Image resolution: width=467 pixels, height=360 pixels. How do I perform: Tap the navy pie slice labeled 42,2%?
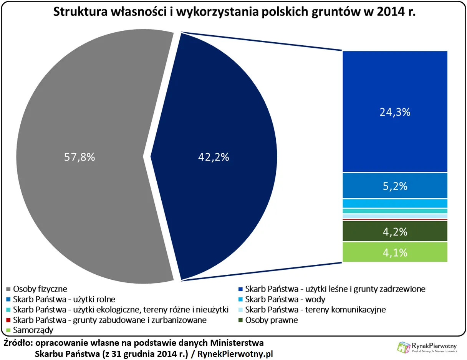[x=214, y=157]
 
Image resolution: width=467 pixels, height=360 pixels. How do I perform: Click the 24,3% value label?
[x=395, y=112]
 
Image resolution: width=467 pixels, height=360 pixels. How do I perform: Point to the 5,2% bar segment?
[x=395, y=186]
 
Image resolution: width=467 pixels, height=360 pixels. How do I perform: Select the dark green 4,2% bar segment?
[x=395, y=231]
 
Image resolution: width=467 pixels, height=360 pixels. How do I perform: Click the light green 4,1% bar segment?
[x=395, y=252]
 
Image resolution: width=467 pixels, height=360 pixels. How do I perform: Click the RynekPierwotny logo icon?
[x=404, y=347]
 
